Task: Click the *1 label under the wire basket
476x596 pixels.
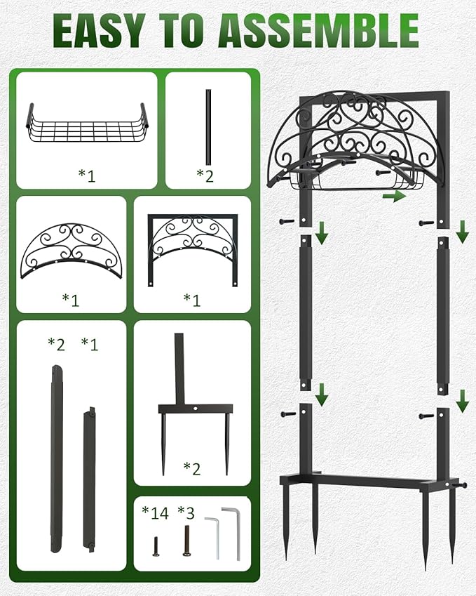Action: click(87, 175)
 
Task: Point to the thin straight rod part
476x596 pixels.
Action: click(207, 126)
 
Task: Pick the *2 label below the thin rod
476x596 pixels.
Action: click(205, 175)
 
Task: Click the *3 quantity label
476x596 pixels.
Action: click(186, 512)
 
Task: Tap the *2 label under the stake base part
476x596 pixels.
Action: click(192, 468)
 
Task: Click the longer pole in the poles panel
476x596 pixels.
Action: click(56, 457)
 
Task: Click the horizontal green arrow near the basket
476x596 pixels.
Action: click(395, 197)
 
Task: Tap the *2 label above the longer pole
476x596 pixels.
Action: click(56, 343)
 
